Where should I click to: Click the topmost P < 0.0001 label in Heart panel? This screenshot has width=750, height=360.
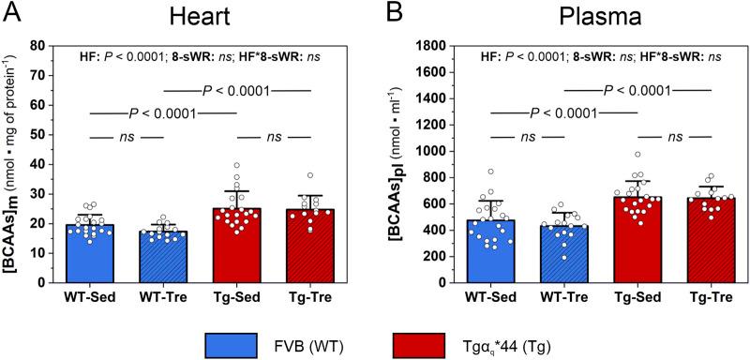237,91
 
